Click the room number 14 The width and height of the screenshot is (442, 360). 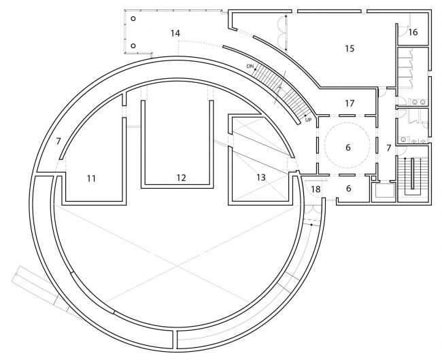coord(175,33)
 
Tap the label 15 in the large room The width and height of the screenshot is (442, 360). coord(350,48)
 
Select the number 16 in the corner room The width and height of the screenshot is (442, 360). coord(412,32)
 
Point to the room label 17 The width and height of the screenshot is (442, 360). coord(350,103)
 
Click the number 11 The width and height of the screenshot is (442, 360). coord(91,178)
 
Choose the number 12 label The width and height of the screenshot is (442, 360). coord(182,177)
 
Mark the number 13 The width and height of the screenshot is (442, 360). coord(261,177)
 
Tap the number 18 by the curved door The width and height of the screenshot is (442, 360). coord(316,189)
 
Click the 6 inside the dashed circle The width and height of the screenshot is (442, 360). coord(348,147)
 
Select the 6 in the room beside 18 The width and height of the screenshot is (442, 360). coord(348,188)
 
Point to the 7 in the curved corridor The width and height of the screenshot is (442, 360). coord(58,141)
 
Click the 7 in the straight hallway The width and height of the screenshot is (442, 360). coord(389,148)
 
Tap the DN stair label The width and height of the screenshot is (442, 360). coord(250,67)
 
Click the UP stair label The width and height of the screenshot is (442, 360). coord(309,120)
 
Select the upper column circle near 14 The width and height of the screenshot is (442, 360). coord(133,18)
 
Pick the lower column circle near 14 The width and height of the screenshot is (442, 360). coord(133,46)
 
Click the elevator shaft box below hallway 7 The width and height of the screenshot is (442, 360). coord(384,190)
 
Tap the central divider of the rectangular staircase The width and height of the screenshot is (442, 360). coord(413,174)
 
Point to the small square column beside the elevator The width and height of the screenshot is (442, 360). coord(374,178)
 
